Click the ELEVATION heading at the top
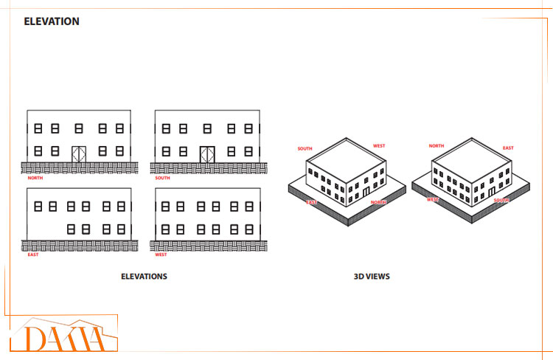(52, 21)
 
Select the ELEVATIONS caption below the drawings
(144, 277)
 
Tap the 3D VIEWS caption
(372, 277)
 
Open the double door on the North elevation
(80, 153)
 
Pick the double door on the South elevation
(207, 153)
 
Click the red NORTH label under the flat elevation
(35, 178)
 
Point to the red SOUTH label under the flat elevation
(162, 178)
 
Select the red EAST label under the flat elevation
(33, 255)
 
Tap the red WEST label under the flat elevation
(161, 255)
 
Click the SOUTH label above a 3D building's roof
(305, 148)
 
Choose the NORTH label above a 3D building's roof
(436, 146)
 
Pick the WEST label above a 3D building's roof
(378, 146)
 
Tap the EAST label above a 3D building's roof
(508, 148)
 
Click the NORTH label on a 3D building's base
(378, 201)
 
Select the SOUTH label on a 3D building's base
(501, 200)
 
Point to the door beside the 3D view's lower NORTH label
(366, 192)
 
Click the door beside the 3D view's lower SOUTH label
(492, 191)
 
